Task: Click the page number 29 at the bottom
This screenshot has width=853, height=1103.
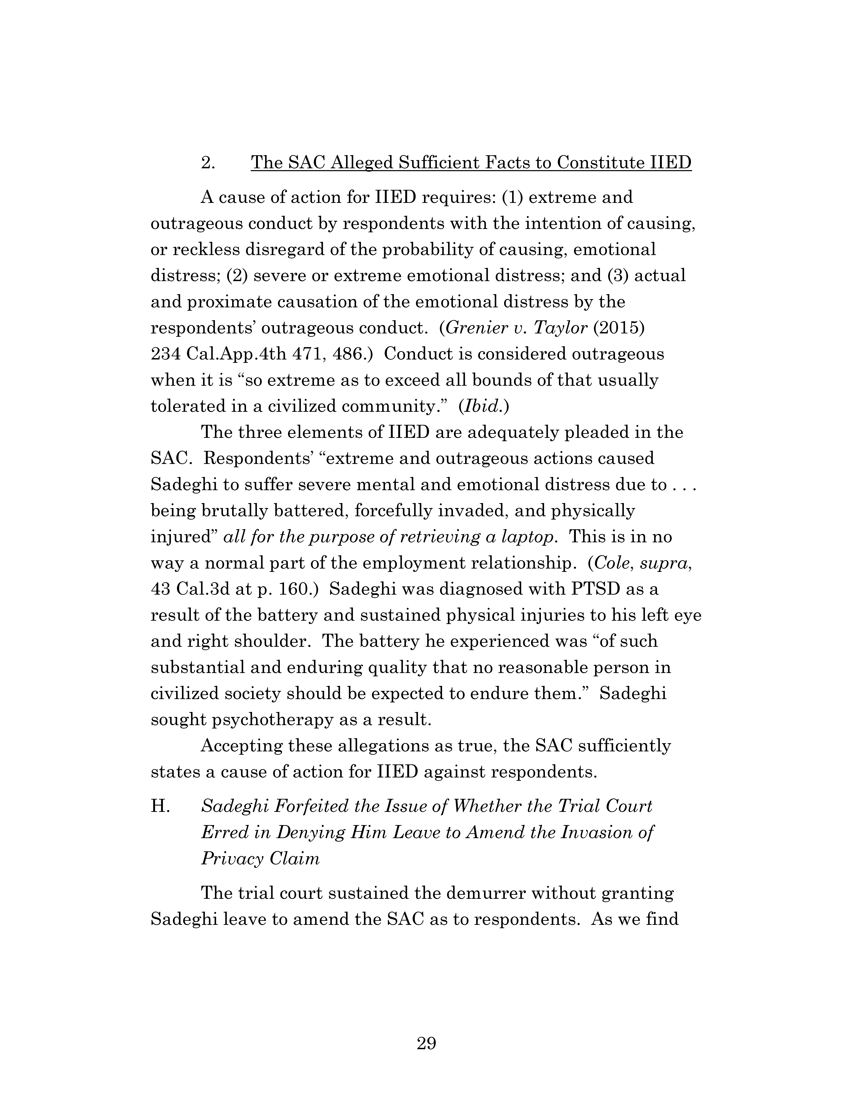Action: (426, 1043)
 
